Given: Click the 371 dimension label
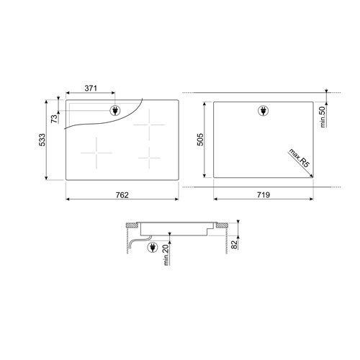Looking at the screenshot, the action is [x=91, y=89].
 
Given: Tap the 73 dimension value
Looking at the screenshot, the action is [x=55, y=119].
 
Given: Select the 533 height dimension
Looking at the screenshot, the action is [x=42, y=140].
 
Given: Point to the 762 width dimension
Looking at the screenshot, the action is [x=122, y=195].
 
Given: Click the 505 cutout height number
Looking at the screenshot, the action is [x=200, y=140].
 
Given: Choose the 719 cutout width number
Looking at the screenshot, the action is [x=264, y=194].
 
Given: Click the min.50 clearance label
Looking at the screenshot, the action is [x=323, y=117].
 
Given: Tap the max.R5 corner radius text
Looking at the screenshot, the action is [x=300, y=158].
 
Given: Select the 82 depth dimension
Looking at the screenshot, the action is [x=234, y=245].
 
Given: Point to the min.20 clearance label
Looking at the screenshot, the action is [x=166, y=255].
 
